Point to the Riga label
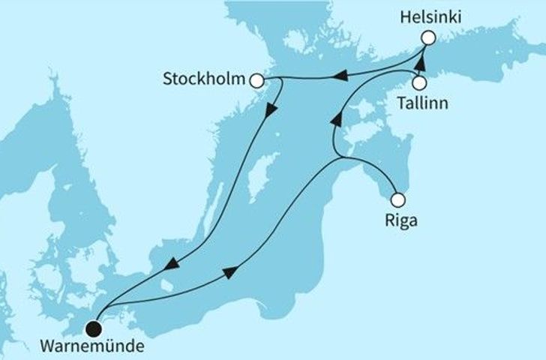(398, 221)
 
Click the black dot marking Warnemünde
(93, 327)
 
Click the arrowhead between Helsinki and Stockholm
(340, 75)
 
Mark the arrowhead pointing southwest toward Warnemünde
(171, 262)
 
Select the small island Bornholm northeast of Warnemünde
(163, 286)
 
